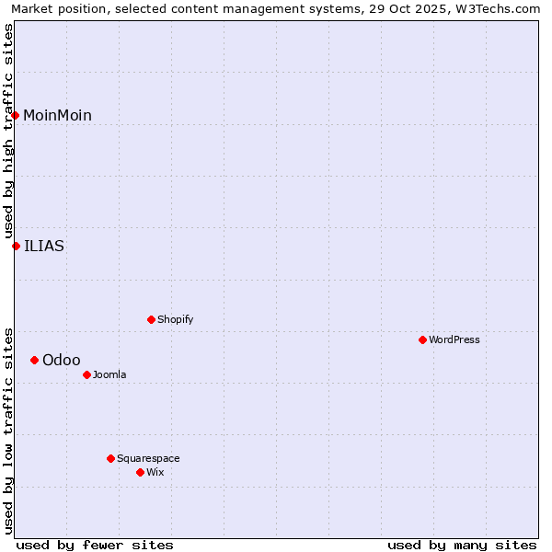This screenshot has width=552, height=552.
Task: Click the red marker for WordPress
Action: point(422,339)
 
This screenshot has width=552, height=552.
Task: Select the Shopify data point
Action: point(151,319)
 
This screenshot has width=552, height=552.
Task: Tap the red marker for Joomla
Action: point(86,374)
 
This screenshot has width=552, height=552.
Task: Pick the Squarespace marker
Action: point(110,458)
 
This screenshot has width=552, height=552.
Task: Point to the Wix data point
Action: point(140,472)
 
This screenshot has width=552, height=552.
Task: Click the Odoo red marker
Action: point(34,360)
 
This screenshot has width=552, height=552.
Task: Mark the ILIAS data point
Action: point(16,246)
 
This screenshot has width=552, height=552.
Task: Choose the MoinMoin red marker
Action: point(16,115)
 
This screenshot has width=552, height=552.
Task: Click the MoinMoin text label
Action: point(57,115)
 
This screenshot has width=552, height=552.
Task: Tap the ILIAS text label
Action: point(44,246)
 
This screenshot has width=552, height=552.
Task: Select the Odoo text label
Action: point(62,360)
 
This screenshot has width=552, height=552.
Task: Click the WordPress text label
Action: point(454,339)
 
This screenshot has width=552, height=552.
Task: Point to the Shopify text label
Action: point(176,319)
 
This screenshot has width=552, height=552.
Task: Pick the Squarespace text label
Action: point(148,458)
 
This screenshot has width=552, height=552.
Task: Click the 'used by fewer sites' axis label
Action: point(95,545)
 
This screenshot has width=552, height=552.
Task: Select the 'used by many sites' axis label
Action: point(462,545)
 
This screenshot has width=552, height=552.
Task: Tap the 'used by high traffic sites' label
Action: point(8,131)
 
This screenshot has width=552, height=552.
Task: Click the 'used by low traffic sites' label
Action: point(8,431)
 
